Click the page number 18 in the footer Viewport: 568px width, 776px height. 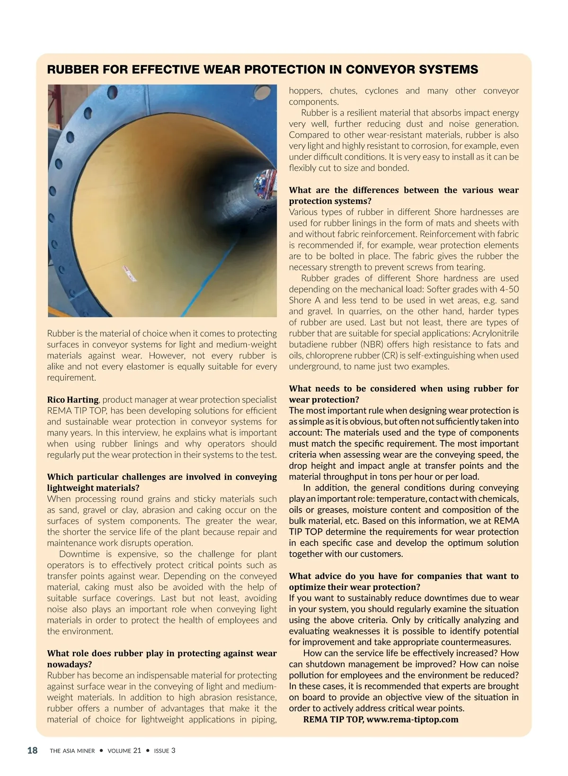tap(32, 750)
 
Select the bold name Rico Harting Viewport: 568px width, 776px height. tap(72, 400)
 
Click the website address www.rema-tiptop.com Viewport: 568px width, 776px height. tap(412, 720)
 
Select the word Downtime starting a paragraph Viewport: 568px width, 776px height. tap(79, 554)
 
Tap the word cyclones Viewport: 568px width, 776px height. tap(382, 91)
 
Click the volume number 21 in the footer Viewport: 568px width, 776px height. tap(137, 750)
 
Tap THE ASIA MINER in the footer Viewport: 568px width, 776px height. tap(72, 751)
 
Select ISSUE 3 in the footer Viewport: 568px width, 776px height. tap(164, 750)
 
